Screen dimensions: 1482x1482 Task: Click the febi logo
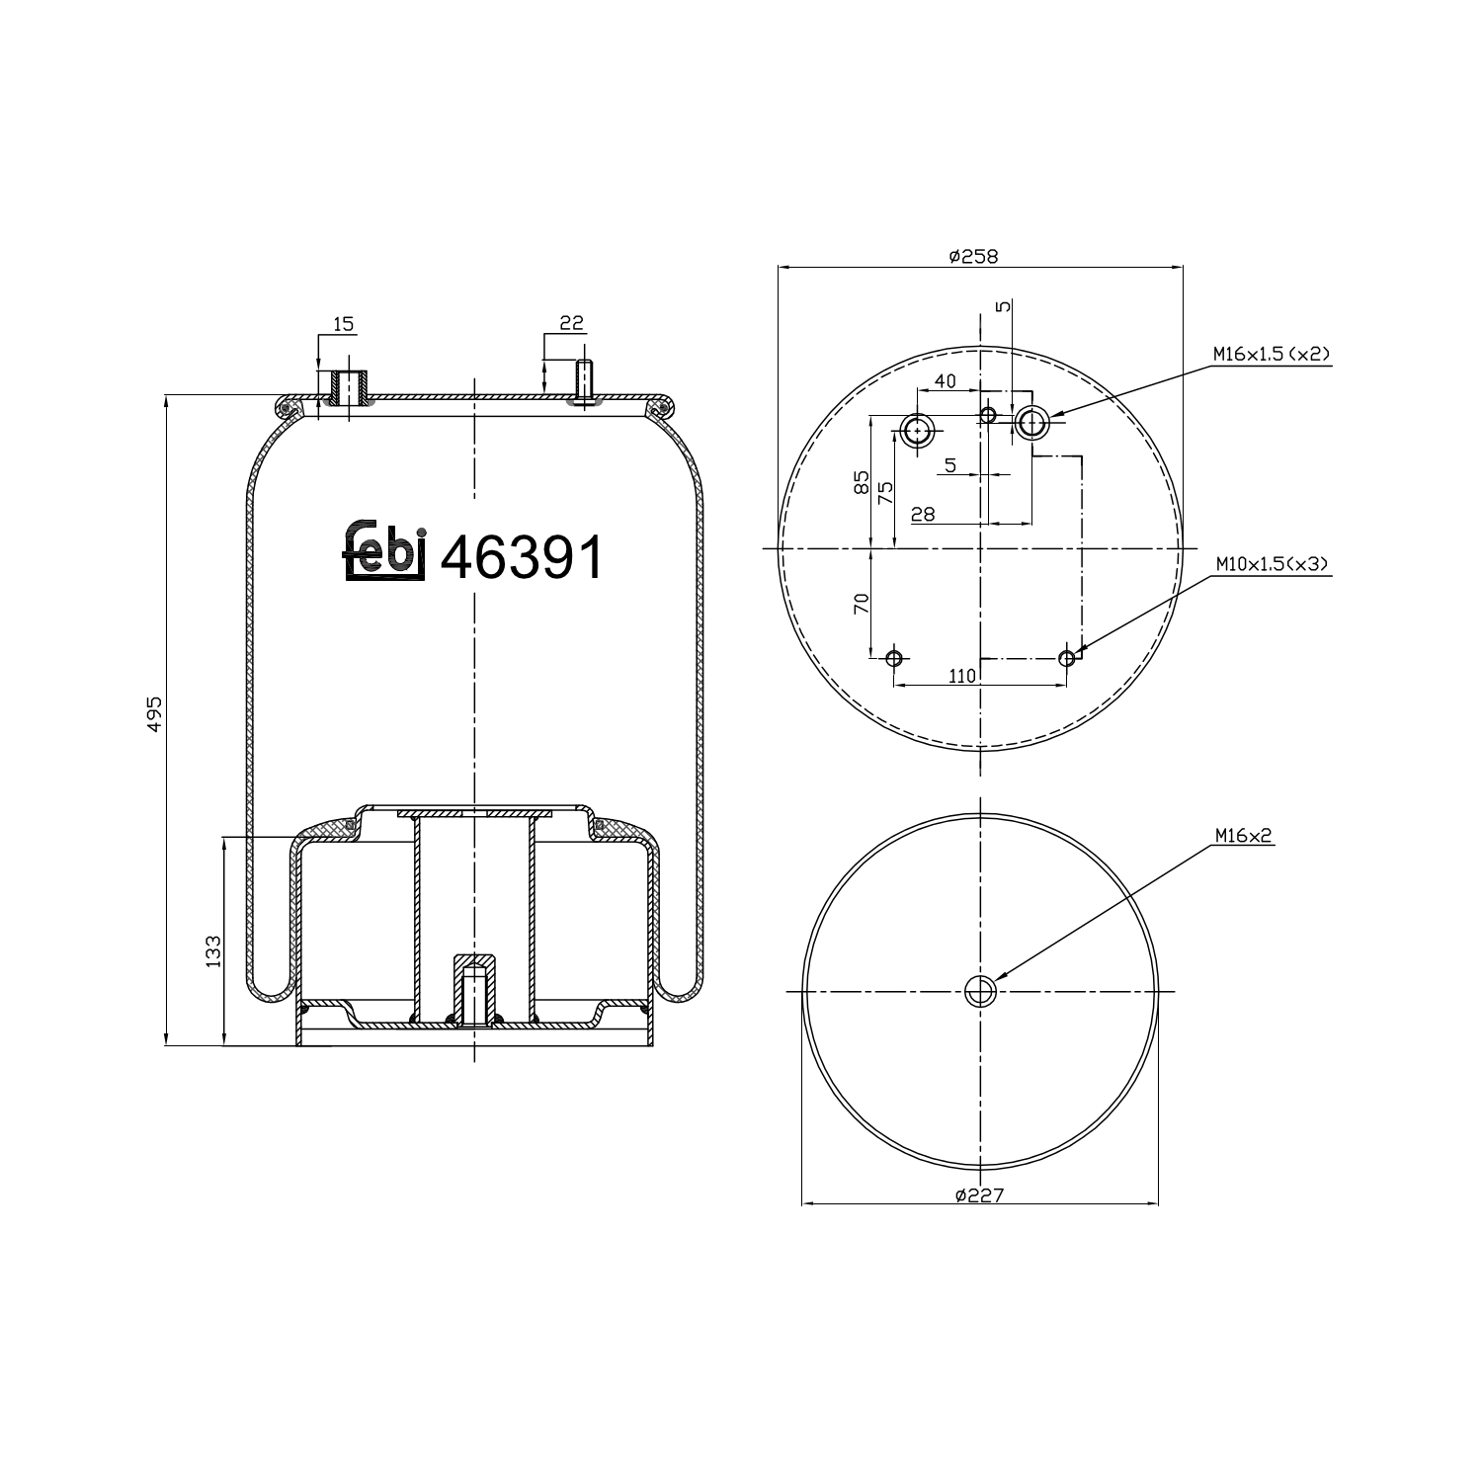click(x=384, y=550)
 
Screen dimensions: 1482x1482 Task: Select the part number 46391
click(x=520, y=559)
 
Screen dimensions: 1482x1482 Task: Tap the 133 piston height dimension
click(x=213, y=951)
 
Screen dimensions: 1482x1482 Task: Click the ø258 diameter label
click(x=973, y=256)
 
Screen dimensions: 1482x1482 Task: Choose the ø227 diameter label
click(x=979, y=1194)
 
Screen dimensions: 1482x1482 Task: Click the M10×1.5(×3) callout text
click(x=1272, y=563)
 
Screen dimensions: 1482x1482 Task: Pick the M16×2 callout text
click(x=1244, y=836)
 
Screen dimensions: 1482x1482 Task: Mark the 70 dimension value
click(x=860, y=604)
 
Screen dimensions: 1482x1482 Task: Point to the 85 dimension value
click(x=861, y=482)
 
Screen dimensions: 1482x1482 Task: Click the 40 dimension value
click(x=945, y=381)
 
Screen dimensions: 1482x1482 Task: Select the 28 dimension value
click(x=923, y=514)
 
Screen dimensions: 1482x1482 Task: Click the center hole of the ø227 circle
click(x=980, y=990)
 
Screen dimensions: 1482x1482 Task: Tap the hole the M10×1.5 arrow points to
click(x=1066, y=658)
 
